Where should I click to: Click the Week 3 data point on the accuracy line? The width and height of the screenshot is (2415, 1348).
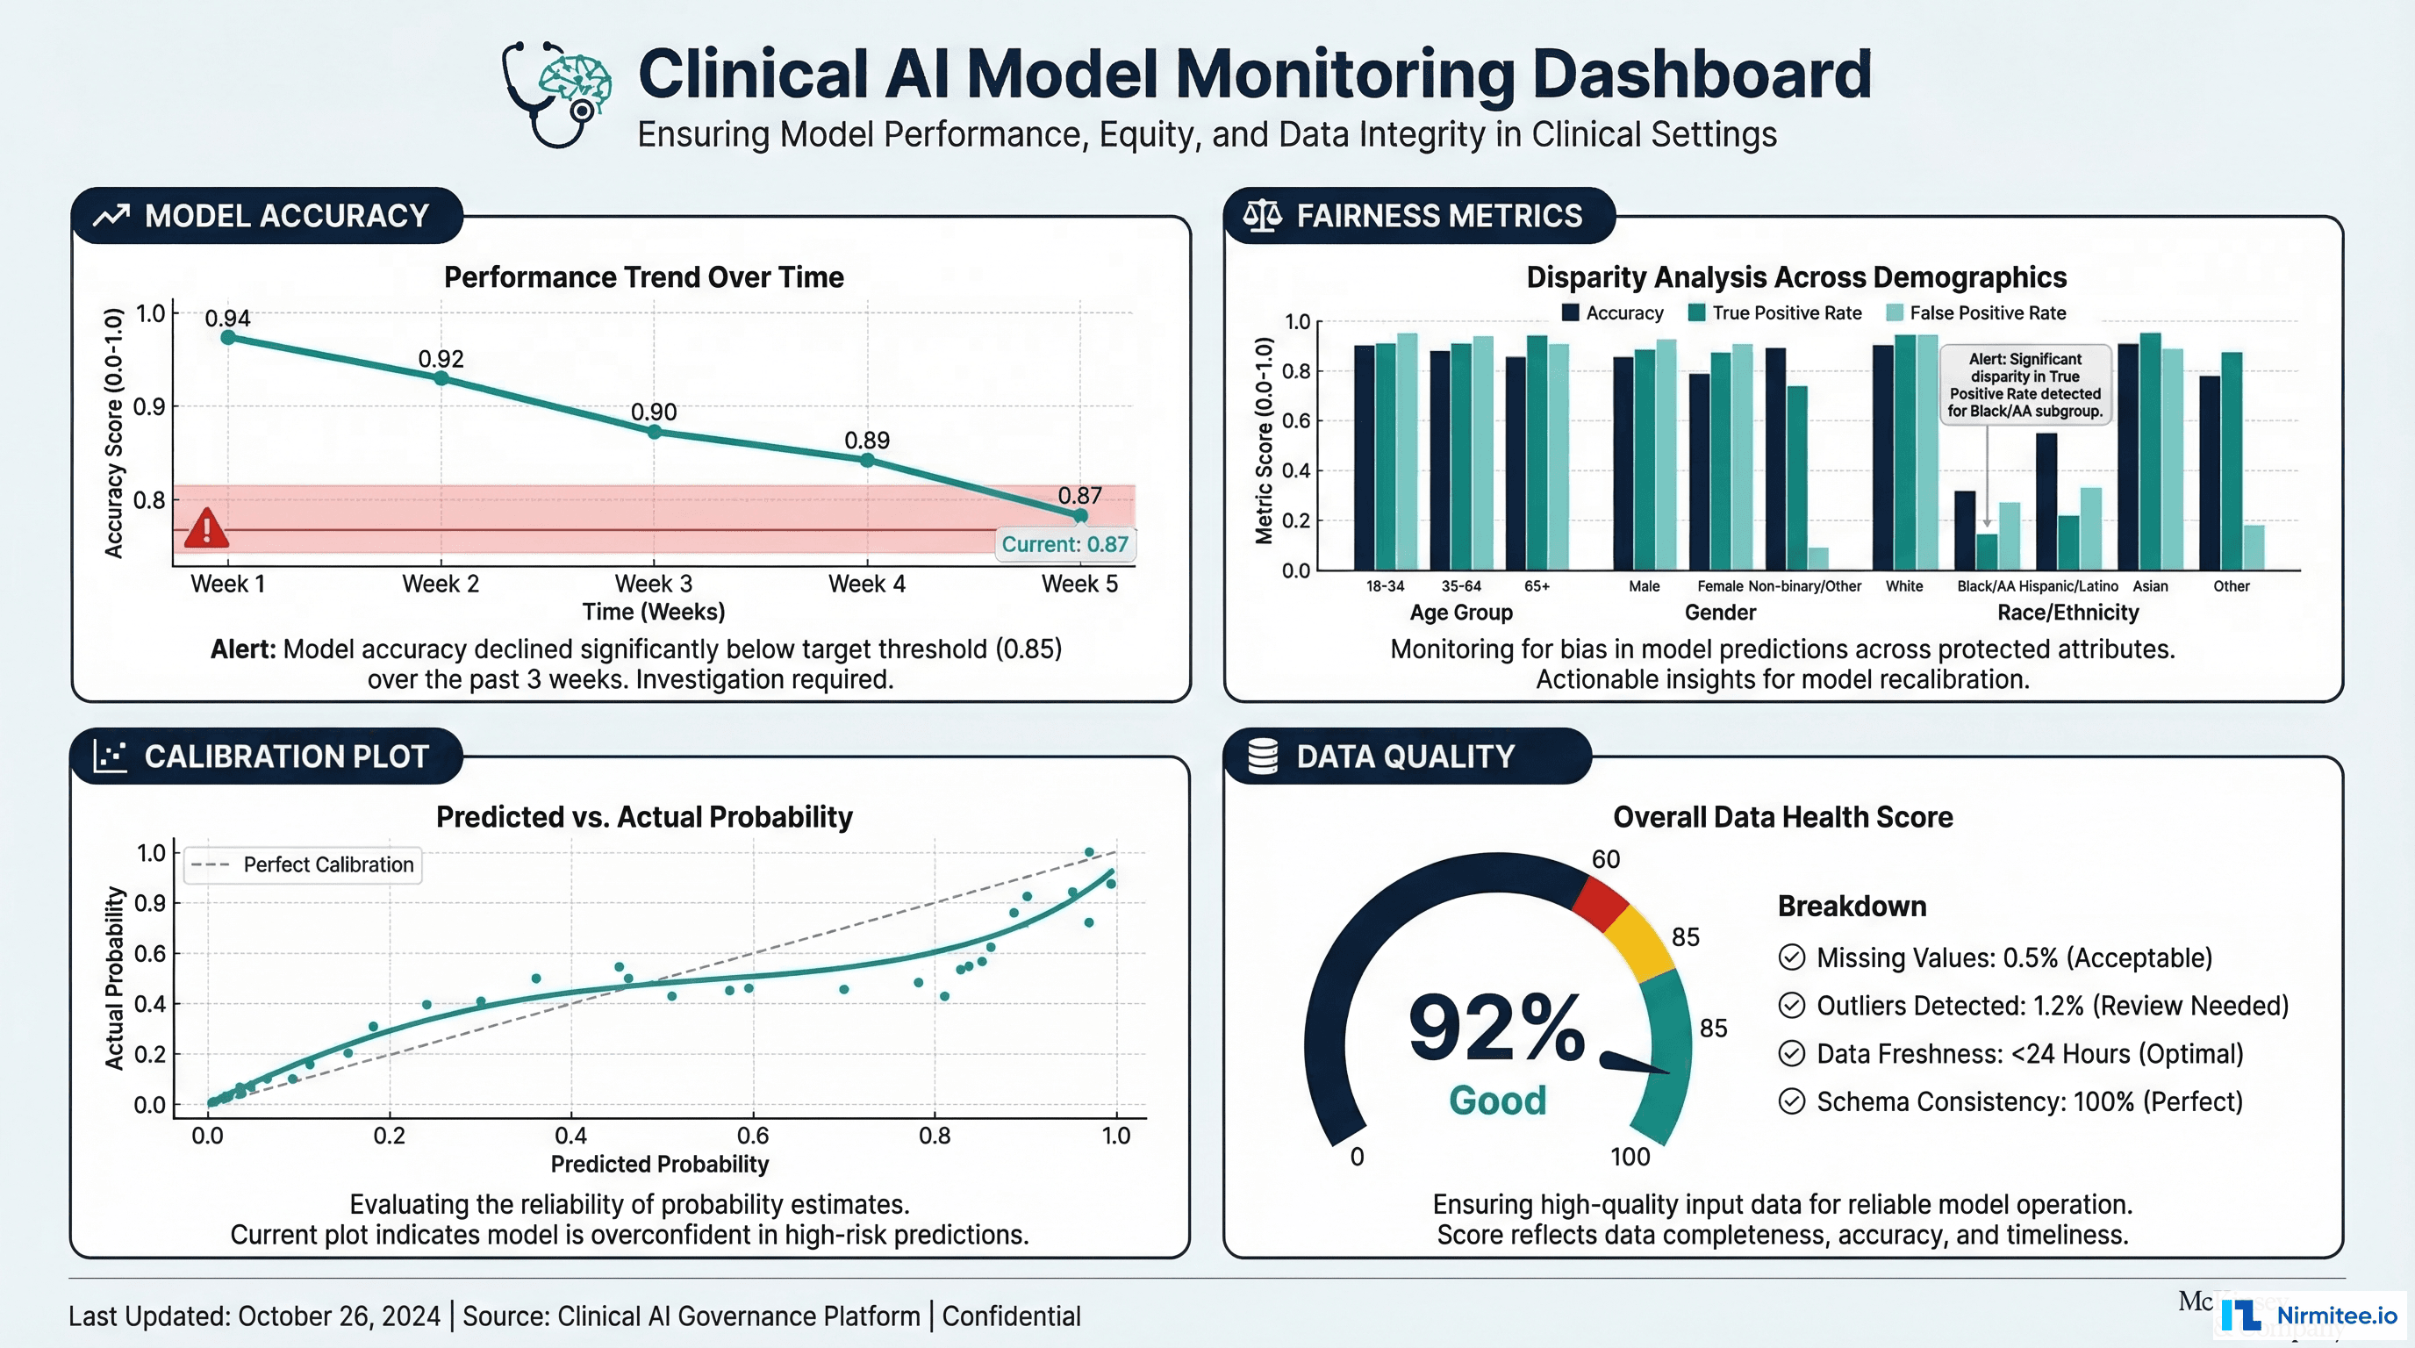[x=655, y=432]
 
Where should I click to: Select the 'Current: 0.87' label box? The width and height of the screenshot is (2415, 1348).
[x=1065, y=545]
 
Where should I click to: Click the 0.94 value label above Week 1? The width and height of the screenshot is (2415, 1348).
[x=228, y=319]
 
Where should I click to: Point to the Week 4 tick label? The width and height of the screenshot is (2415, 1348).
[x=866, y=584]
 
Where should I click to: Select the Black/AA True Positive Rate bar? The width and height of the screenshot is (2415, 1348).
[x=1987, y=551]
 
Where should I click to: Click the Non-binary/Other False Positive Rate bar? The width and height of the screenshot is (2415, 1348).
[x=1817, y=559]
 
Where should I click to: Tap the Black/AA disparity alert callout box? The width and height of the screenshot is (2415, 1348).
[x=2025, y=385]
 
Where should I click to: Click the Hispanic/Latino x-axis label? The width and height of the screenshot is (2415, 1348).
[x=2068, y=587]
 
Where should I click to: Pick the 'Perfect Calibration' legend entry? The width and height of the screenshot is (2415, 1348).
[x=304, y=864]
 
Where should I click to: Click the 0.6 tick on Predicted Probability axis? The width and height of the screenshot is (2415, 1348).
[x=753, y=1136]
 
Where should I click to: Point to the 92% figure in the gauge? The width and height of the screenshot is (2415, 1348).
[x=1496, y=1029]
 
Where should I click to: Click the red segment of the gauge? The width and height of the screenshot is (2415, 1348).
[x=1601, y=903]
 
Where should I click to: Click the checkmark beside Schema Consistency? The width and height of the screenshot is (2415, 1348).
[x=1792, y=1101]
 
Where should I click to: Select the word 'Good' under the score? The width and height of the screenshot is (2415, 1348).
[x=1497, y=1101]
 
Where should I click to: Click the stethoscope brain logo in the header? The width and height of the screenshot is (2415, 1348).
[x=557, y=94]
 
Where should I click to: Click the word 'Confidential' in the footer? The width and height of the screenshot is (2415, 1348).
[x=1011, y=1316]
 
